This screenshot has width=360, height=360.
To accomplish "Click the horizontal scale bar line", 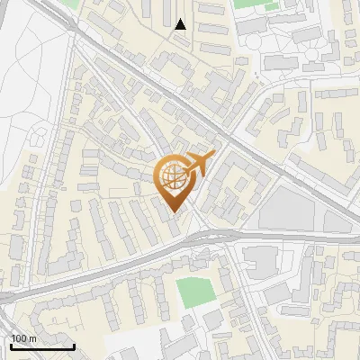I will [x=41, y=346].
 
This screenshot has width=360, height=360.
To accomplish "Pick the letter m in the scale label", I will [x=32, y=338].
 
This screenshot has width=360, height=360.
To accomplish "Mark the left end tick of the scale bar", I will [x=10, y=345].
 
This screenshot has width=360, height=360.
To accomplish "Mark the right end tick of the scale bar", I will [x=74, y=345].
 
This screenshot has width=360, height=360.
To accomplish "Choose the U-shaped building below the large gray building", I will [x=261, y=260].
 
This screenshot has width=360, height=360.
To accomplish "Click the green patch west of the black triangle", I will [x=95, y=4].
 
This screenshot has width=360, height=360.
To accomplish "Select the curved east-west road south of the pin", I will [x=135, y=261].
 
